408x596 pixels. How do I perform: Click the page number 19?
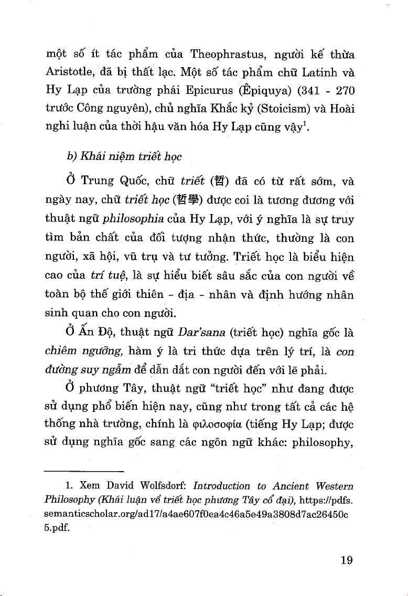tap(345, 560)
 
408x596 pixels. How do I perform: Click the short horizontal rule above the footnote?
tap(84, 472)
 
